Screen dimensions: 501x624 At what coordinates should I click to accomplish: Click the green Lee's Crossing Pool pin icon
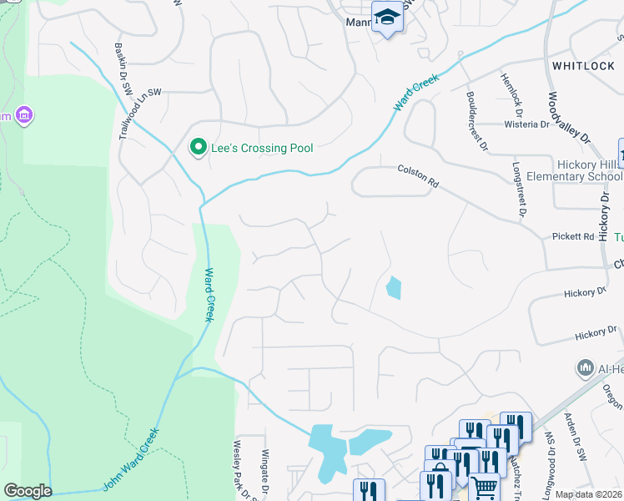(199, 149)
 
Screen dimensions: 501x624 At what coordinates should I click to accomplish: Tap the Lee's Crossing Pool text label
(261, 149)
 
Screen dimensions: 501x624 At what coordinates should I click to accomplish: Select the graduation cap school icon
(387, 18)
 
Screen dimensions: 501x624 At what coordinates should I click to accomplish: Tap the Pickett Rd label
(573, 236)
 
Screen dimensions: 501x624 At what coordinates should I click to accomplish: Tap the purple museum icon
(23, 114)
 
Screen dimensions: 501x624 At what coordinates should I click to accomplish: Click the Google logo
(27, 491)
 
